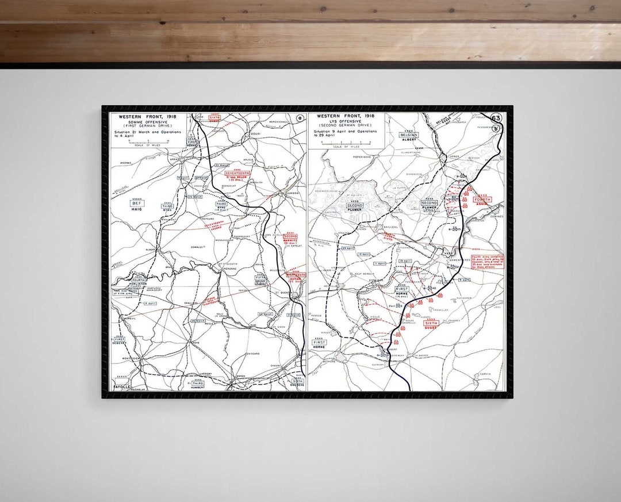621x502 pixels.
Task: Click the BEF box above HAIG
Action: pyautogui.click(x=137, y=203)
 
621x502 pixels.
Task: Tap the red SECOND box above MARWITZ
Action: pyautogui.click(x=290, y=236)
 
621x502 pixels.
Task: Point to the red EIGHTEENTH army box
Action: pyautogui.click(x=295, y=275)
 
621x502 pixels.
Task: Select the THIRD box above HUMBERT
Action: pyautogui.click(x=197, y=383)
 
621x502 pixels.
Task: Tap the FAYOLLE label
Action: pyautogui.click(x=121, y=386)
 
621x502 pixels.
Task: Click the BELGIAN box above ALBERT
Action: pyautogui.click(x=409, y=135)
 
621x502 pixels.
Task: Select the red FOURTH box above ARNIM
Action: pyautogui.click(x=483, y=199)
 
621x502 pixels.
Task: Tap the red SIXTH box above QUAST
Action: pyautogui.click(x=431, y=324)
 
